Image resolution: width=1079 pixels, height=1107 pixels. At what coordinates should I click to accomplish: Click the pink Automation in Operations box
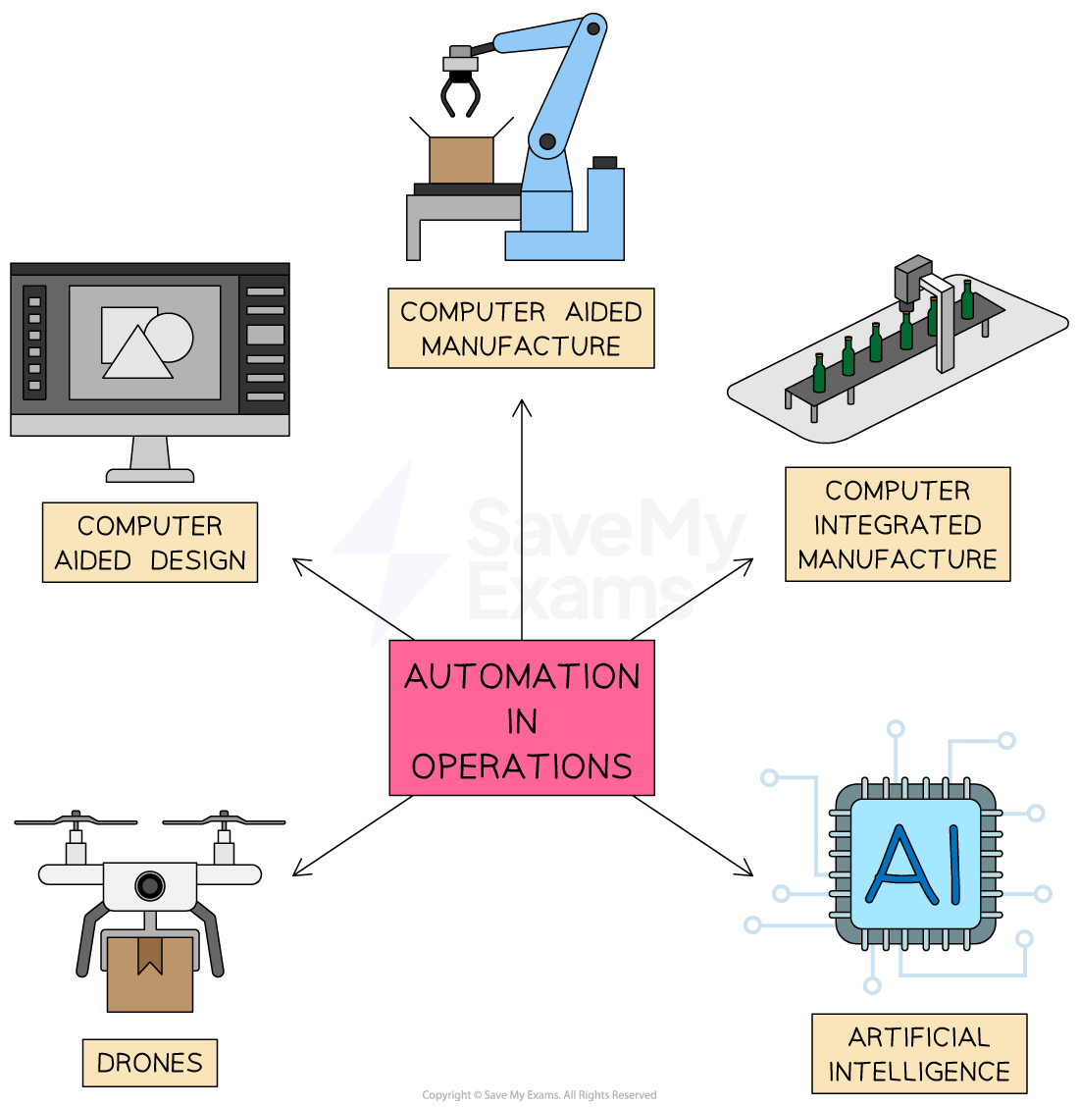pyautogui.click(x=521, y=717)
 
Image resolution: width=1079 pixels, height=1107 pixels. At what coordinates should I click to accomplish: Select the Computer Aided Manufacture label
pyautogui.click(x=521, y=328)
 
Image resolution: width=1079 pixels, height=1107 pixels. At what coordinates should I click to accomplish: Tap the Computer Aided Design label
pyautogui.click(x=150, y=543)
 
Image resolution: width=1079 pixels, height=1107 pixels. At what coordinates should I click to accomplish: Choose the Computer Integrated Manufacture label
pyautogui.click(x=897, y=524)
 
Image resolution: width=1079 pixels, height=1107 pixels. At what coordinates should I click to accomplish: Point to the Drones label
pyautogui.click(x=149, y=1063)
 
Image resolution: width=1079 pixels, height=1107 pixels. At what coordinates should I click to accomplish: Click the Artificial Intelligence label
pyautogui.click(x=919, y=1054)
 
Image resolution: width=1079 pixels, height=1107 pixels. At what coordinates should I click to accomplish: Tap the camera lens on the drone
pyautogui.click(x=149, y=885)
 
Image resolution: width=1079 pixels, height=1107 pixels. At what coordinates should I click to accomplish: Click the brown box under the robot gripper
pyautogui.click(x=461, y=160)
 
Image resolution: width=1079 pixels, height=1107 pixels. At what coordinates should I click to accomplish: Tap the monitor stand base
pyautogui.click(x=150, y=475)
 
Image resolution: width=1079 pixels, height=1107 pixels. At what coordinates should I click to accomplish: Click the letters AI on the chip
pyautogui.click(x=915, y=865)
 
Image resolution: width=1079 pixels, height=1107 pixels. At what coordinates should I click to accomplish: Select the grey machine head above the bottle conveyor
pyautogui.click(x=911, y=278)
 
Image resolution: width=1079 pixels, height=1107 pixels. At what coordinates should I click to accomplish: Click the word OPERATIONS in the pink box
pyautogui.click(x=521, y=766)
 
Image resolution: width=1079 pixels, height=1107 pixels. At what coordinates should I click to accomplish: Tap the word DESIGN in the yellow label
pyautogui.click(x=199, y=560)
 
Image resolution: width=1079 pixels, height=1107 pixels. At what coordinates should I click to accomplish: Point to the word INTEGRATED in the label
pyautogui.click(x=897, y=525)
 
